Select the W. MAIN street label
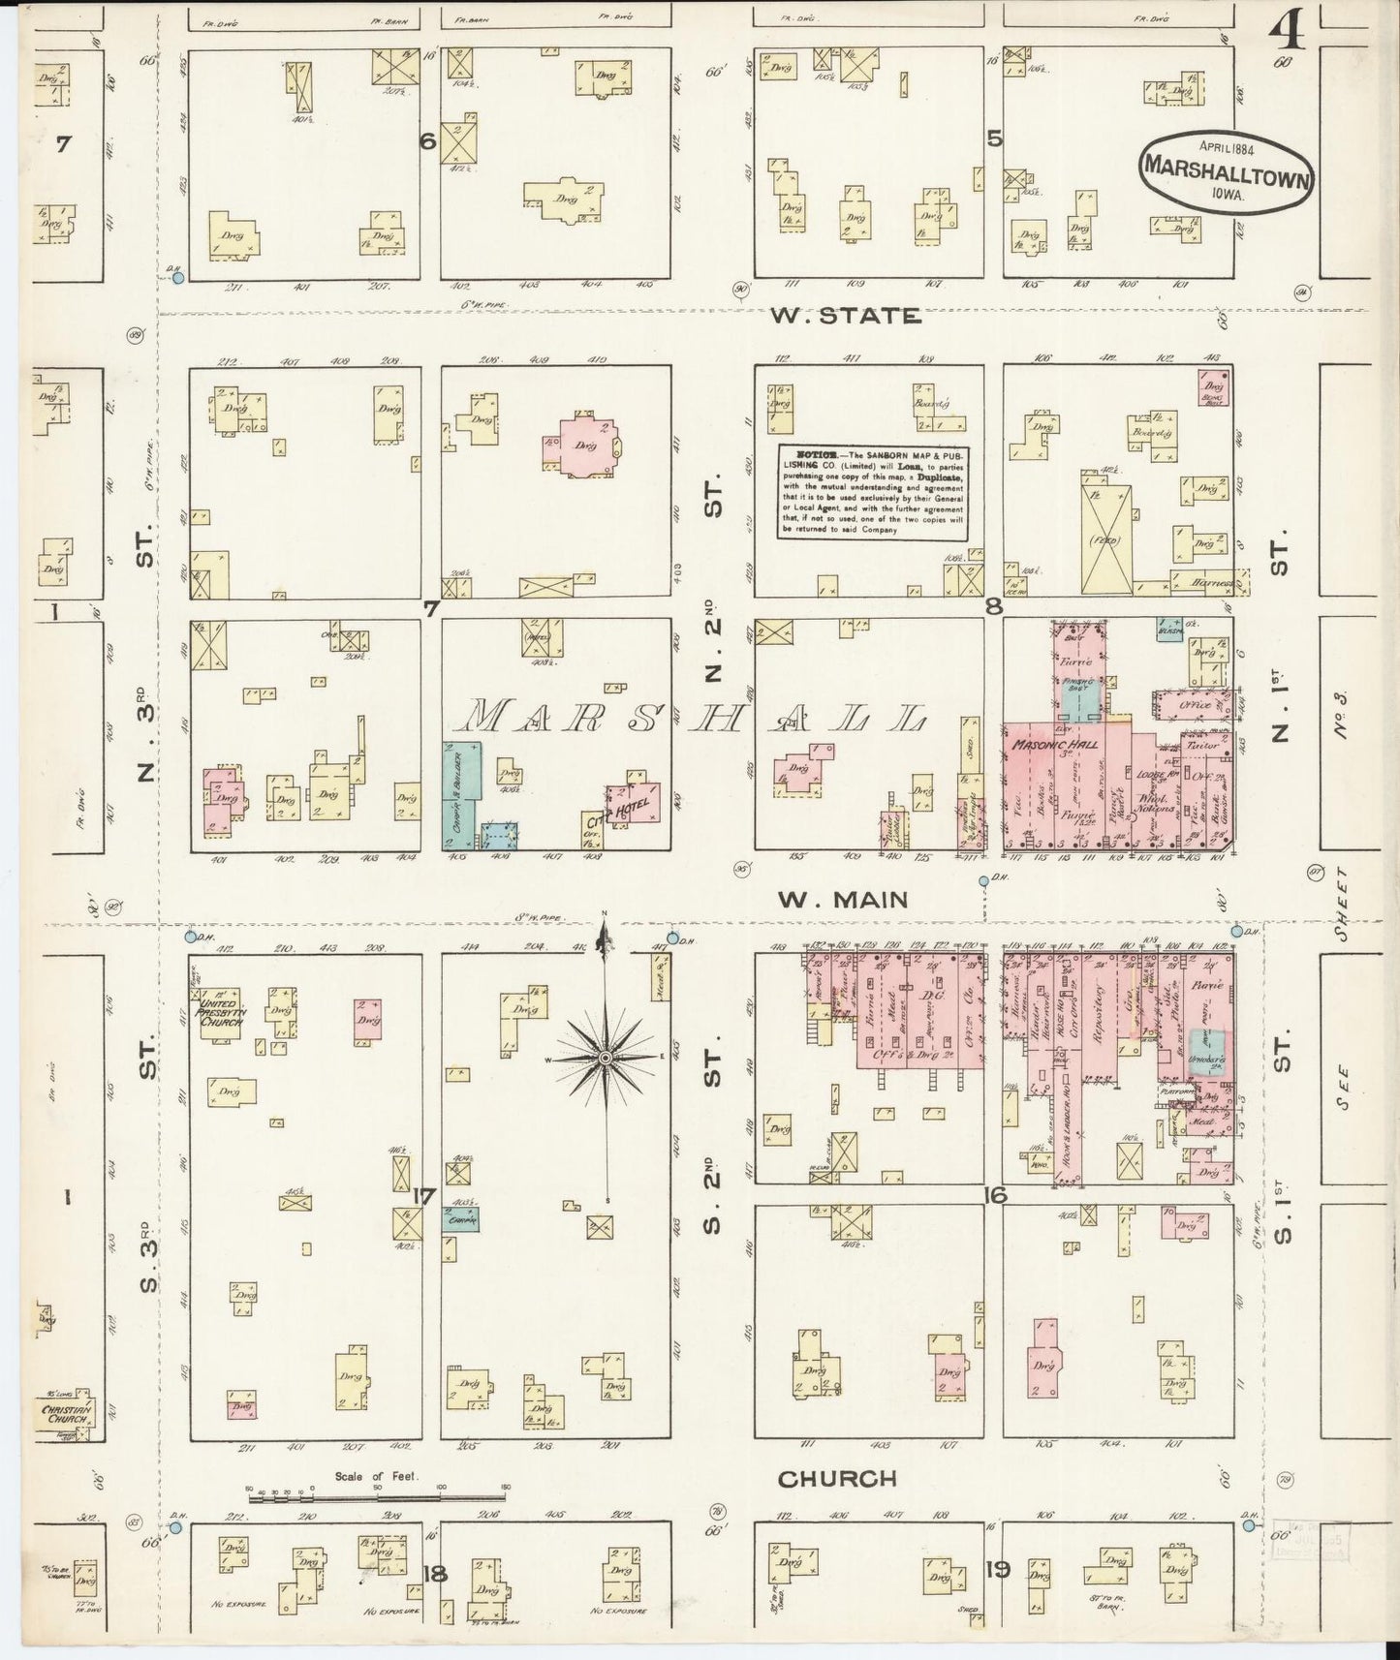click(845, 900)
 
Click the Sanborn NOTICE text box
click(872, 491)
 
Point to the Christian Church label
click(66, 1413)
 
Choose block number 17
click(422, 1195)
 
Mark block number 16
click(995, 1195)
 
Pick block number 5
click(994, 138)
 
